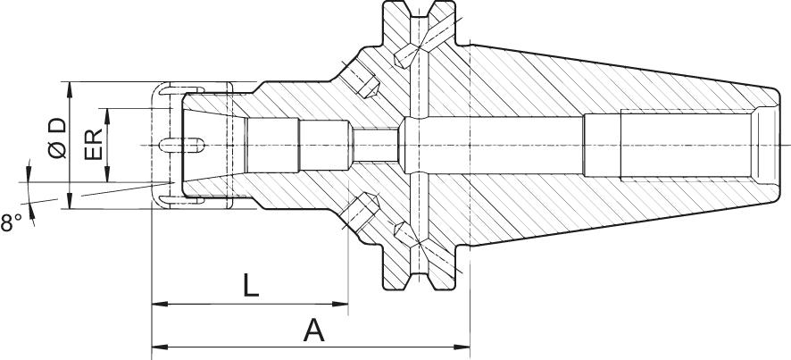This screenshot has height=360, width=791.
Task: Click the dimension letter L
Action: (251, 285)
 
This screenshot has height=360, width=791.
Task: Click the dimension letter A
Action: (313, 331)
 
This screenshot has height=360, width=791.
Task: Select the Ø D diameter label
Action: (59, 138)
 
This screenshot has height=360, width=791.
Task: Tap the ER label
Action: (94, 145)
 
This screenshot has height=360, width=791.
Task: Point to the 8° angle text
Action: (11, 222)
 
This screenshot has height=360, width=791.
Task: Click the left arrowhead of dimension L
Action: (160, 304)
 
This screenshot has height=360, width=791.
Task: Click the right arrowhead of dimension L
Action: (340, 304)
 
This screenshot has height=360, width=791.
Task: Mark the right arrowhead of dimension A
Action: (462, 347)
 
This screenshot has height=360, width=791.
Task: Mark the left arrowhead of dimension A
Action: (160, 347)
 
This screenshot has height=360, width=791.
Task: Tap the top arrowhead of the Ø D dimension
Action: (70, 90)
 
